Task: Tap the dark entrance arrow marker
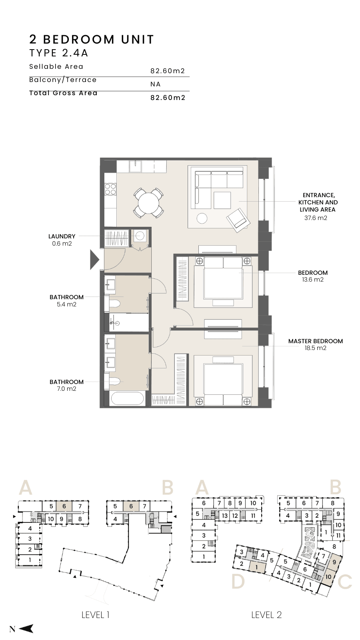(x=94, y=260)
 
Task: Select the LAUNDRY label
(x=62, y=236)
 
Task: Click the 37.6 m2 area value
(x=316, y=218)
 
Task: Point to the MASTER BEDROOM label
(x=316, y=341)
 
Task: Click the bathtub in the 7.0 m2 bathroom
(x=127, y=398)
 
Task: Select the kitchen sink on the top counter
(x=135, y=166)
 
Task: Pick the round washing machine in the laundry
(x=140, y=236)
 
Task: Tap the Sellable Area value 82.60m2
(x=168, y=71)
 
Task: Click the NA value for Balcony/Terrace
(x=156, y=84)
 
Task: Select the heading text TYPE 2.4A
(x=58, y=53)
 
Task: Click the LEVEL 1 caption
(x=96, y=614)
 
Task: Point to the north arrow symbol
(x=26, y=628)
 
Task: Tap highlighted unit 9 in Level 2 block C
(x=334, y=562)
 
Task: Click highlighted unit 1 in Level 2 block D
(x=257, y=567)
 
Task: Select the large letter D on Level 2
(x=238, y=582)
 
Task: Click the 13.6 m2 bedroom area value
(x=313, y=280)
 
